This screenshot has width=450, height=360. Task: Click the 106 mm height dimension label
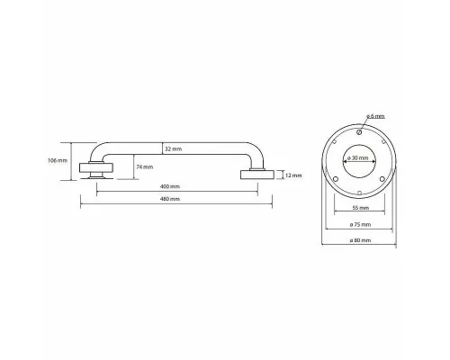click(x=58, y=160)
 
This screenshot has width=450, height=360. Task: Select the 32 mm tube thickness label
click(x=173, y=148)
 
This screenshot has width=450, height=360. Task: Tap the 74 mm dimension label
click(x=145, y=167)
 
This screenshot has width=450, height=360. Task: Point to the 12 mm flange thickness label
click(x=293, y=175)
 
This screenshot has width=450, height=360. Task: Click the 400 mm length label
click(x=170, y=186)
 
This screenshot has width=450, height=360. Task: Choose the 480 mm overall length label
click(x=170, y=199)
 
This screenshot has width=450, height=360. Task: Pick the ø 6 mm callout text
click(x=375, y=116)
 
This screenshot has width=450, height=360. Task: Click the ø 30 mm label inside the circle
click(x=358, y=157)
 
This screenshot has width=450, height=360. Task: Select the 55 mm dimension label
click(x=360, y=208)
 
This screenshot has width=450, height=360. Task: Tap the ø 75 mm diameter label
click(x=360, y=224)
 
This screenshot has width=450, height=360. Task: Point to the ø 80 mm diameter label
click(x=360, y=240)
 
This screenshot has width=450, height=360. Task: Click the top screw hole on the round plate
click(x=359, y=132)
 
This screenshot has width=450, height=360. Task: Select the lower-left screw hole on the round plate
click(x=336, y=179)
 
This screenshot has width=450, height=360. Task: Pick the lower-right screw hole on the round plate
click(x=382, y=179)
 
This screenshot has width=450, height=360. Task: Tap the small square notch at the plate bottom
click(x=359, y=193)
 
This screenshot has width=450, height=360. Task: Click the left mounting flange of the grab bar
click(x=96, y=168)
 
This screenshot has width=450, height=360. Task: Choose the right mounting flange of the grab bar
click(x=257, y=175)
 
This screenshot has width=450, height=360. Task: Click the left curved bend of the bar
click(x=96, y=151)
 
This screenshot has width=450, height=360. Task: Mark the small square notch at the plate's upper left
click(x=335, y=140)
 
